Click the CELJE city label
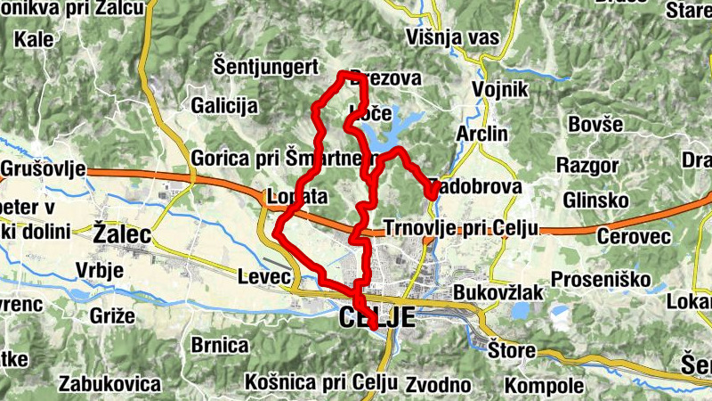376,316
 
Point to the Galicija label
224,106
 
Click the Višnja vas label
452,37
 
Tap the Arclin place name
481,134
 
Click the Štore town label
512,350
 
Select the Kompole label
544,387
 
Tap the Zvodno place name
437,385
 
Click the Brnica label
220,345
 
